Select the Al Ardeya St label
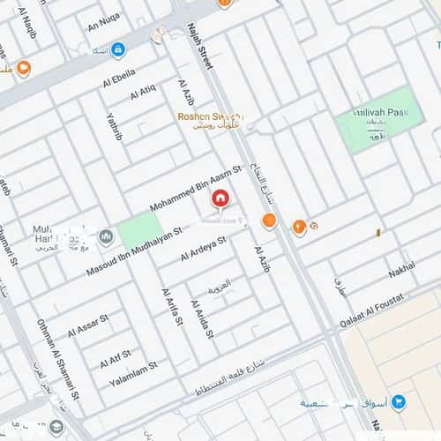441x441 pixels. (x=205, y=246)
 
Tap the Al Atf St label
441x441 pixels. (x=115, y=356)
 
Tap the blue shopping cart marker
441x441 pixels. (x=398, y=401)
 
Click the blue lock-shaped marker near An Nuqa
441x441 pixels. (x=118, y=50)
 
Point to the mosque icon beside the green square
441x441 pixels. (x=107, y=236)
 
